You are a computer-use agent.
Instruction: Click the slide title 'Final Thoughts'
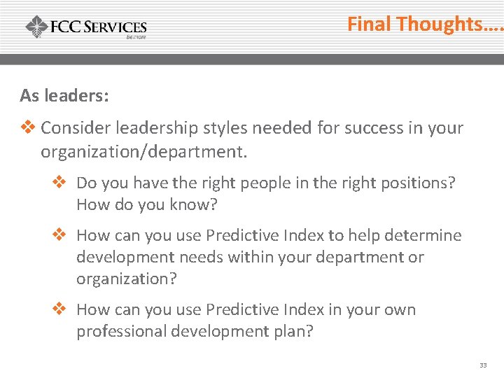(424, 24)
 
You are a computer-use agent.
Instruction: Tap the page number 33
(483, 365)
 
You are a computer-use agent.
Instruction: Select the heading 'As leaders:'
(64, 96)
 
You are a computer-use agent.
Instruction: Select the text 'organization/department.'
(144, 150)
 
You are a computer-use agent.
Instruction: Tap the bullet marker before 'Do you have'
(59, 183)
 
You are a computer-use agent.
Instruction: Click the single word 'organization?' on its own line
(127, 279)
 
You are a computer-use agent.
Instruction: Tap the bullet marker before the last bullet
(59, 309)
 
